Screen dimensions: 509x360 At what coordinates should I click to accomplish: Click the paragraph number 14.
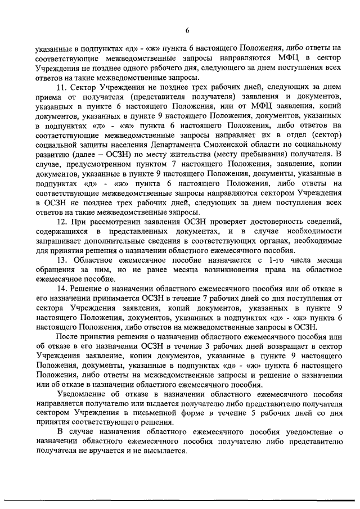61,289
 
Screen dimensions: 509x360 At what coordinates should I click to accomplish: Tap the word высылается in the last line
166,453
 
